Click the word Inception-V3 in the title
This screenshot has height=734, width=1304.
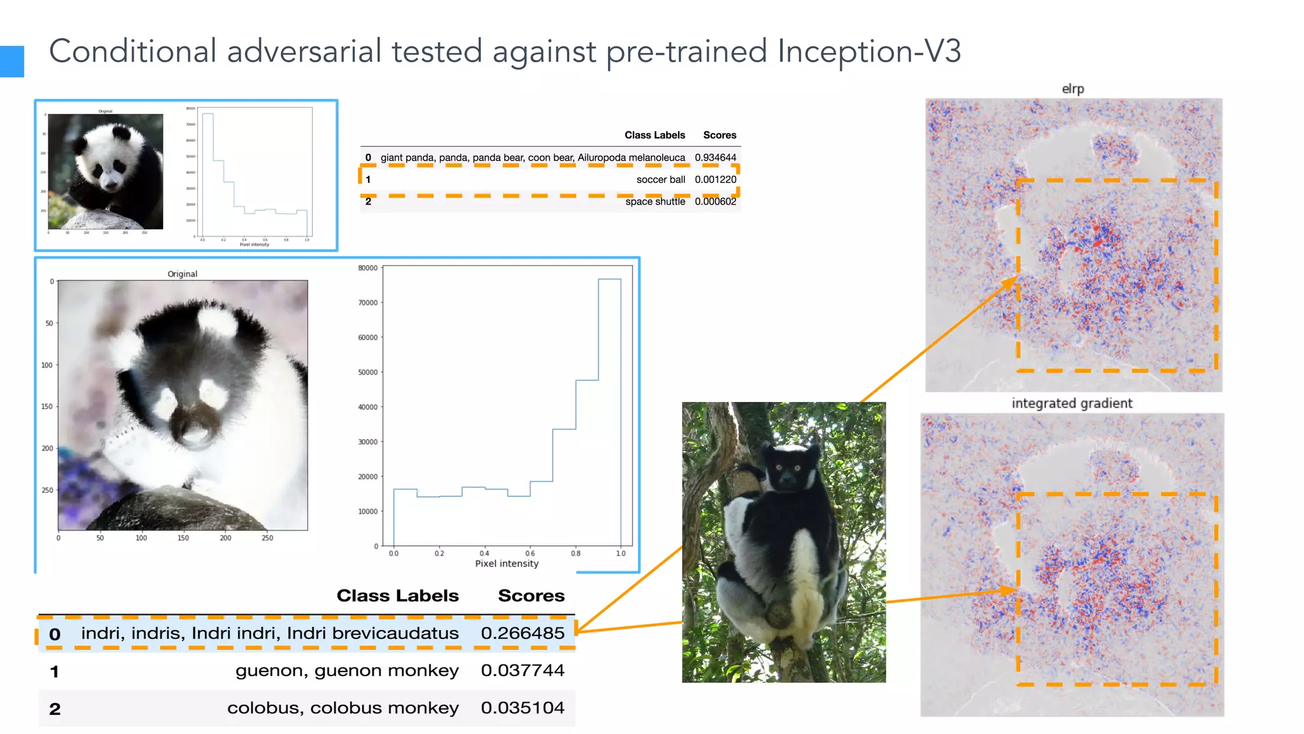tap(869, 51)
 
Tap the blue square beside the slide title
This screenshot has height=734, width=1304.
tap(11, 61)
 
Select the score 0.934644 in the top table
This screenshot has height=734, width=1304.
tap(715, 157)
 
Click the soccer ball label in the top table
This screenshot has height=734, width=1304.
tap(660, 180)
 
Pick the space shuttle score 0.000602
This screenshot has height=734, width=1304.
tap(715, 201)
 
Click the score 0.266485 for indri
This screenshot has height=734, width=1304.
tap(522, 633)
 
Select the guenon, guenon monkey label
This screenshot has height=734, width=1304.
tap(347, 670)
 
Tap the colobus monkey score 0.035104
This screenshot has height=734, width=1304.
tap(522, 708)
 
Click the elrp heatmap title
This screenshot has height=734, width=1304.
tap(1073, 89)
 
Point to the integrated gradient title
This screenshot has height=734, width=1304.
tap(1072, 403)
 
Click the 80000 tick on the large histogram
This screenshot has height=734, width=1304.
tap(367, 268)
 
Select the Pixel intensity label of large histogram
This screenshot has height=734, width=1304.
tap(507, 564)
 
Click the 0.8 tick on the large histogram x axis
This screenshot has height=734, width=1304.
tap(576, 554)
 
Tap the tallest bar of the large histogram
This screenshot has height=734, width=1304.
tap(609, 408)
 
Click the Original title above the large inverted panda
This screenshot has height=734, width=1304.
tap(182, 274)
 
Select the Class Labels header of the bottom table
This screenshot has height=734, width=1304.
tap(397, 596)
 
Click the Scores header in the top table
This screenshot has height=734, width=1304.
tap(719, 135)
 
